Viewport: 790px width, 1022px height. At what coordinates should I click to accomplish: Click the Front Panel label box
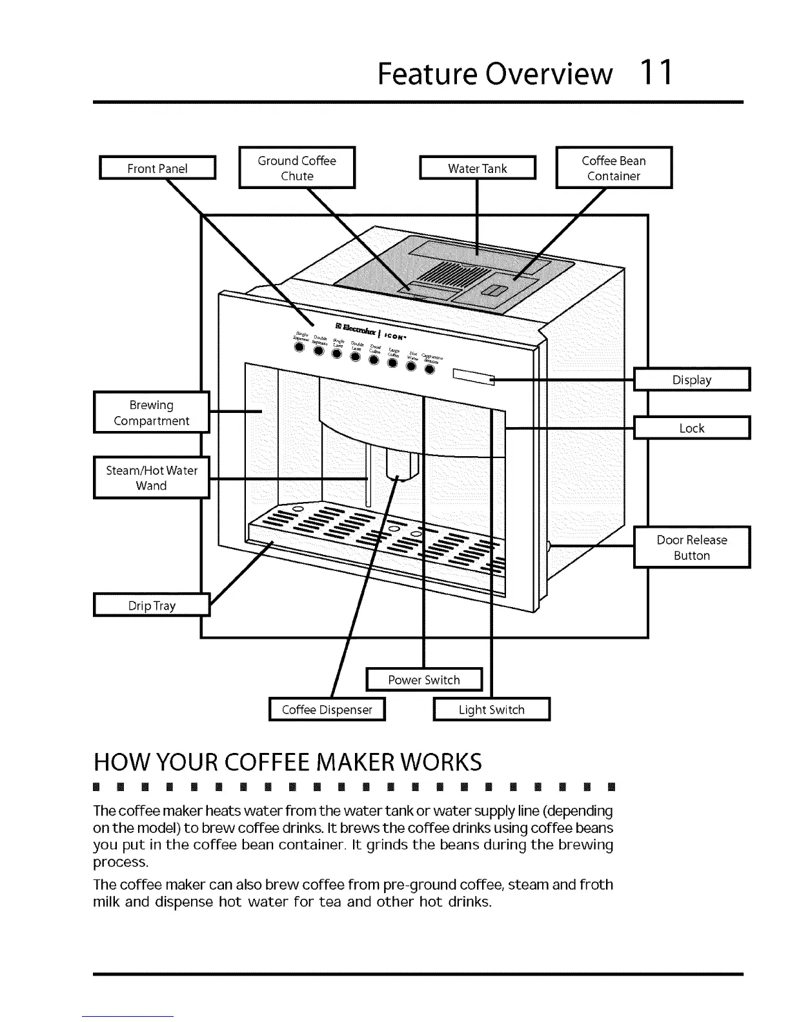pyautogui.click(x=157, y=168)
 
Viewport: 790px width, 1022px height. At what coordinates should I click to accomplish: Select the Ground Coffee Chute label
pyautogui.click(x=297, y=168)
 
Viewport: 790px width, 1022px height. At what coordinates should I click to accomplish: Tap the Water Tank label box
pyautogui.click(x=478, y=168)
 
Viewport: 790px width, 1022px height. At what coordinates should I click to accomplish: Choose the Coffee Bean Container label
pyautogui.click(x=614, y=168)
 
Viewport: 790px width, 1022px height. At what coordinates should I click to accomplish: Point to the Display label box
pyautogui.click(x=692, y=379)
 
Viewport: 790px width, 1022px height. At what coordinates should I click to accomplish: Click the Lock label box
pyautogui.click(x=692, y=428)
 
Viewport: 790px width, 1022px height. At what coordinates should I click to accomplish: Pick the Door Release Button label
pyautogui.click(x=692, y=547)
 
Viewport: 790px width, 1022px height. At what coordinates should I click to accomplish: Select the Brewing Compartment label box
pyautogui.click(x=152, y=412)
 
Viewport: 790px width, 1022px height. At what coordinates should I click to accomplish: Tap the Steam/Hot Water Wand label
pyautogui.click(x=152, y=477)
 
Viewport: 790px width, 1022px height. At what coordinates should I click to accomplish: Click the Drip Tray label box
pyautogui.click(x=152, y=605)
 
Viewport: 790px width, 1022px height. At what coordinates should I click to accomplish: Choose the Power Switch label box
pyautogui.click(x=424, y=679)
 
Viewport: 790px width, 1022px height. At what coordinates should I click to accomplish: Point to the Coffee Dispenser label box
pyautogui.click(x=327, y=709)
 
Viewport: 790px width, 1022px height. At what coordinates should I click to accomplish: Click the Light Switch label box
pyautogui.click(x=492, y=709)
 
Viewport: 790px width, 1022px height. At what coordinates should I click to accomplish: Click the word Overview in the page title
pyautogui.click(x=549, y=74)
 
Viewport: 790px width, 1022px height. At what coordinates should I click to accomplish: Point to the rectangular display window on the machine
pyautogui.click(x=474, y=377)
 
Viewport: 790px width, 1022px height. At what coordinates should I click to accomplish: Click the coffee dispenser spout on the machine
pyautogui.click(x=400, y=465)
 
